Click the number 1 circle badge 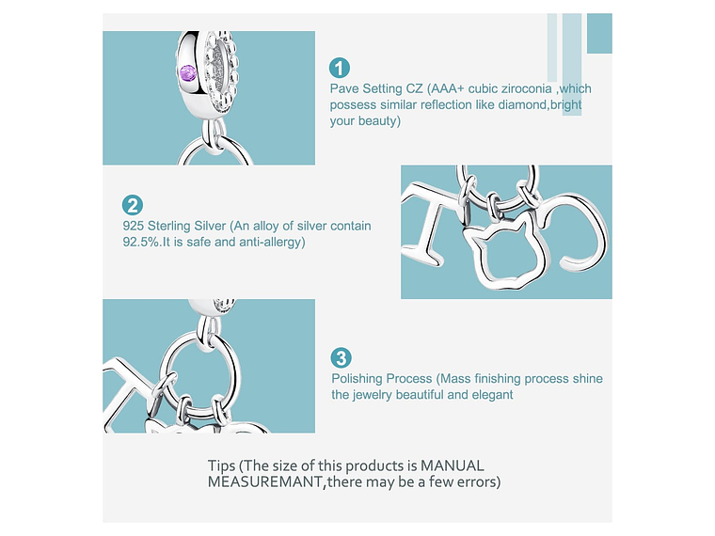340,68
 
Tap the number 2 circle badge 133,205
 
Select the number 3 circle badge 342,357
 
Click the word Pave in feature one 345,88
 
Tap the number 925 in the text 134,226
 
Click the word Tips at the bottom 222,465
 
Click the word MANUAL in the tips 452,465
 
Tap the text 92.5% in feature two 141,242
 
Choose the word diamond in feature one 522,104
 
